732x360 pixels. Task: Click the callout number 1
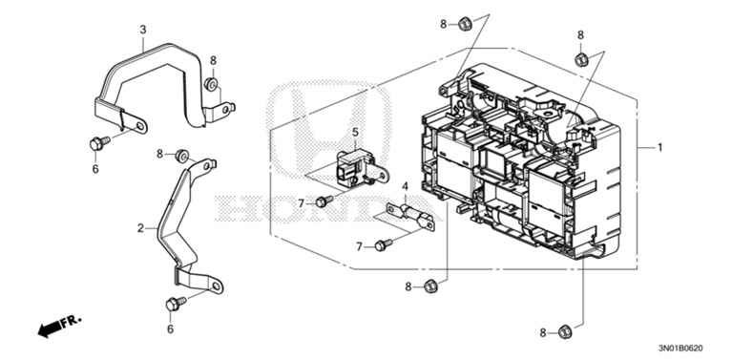[659, 148]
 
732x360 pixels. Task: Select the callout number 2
[140, 228]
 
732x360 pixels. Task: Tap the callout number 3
[142, 31]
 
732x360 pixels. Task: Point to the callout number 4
[405, 186]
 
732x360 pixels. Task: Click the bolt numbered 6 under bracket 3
[98, 143]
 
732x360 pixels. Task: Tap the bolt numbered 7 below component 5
[324, 201]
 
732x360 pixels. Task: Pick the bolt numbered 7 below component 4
[383, 244]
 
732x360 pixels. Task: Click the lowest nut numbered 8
[563, 330]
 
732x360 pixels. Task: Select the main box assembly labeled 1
[520, 162]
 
